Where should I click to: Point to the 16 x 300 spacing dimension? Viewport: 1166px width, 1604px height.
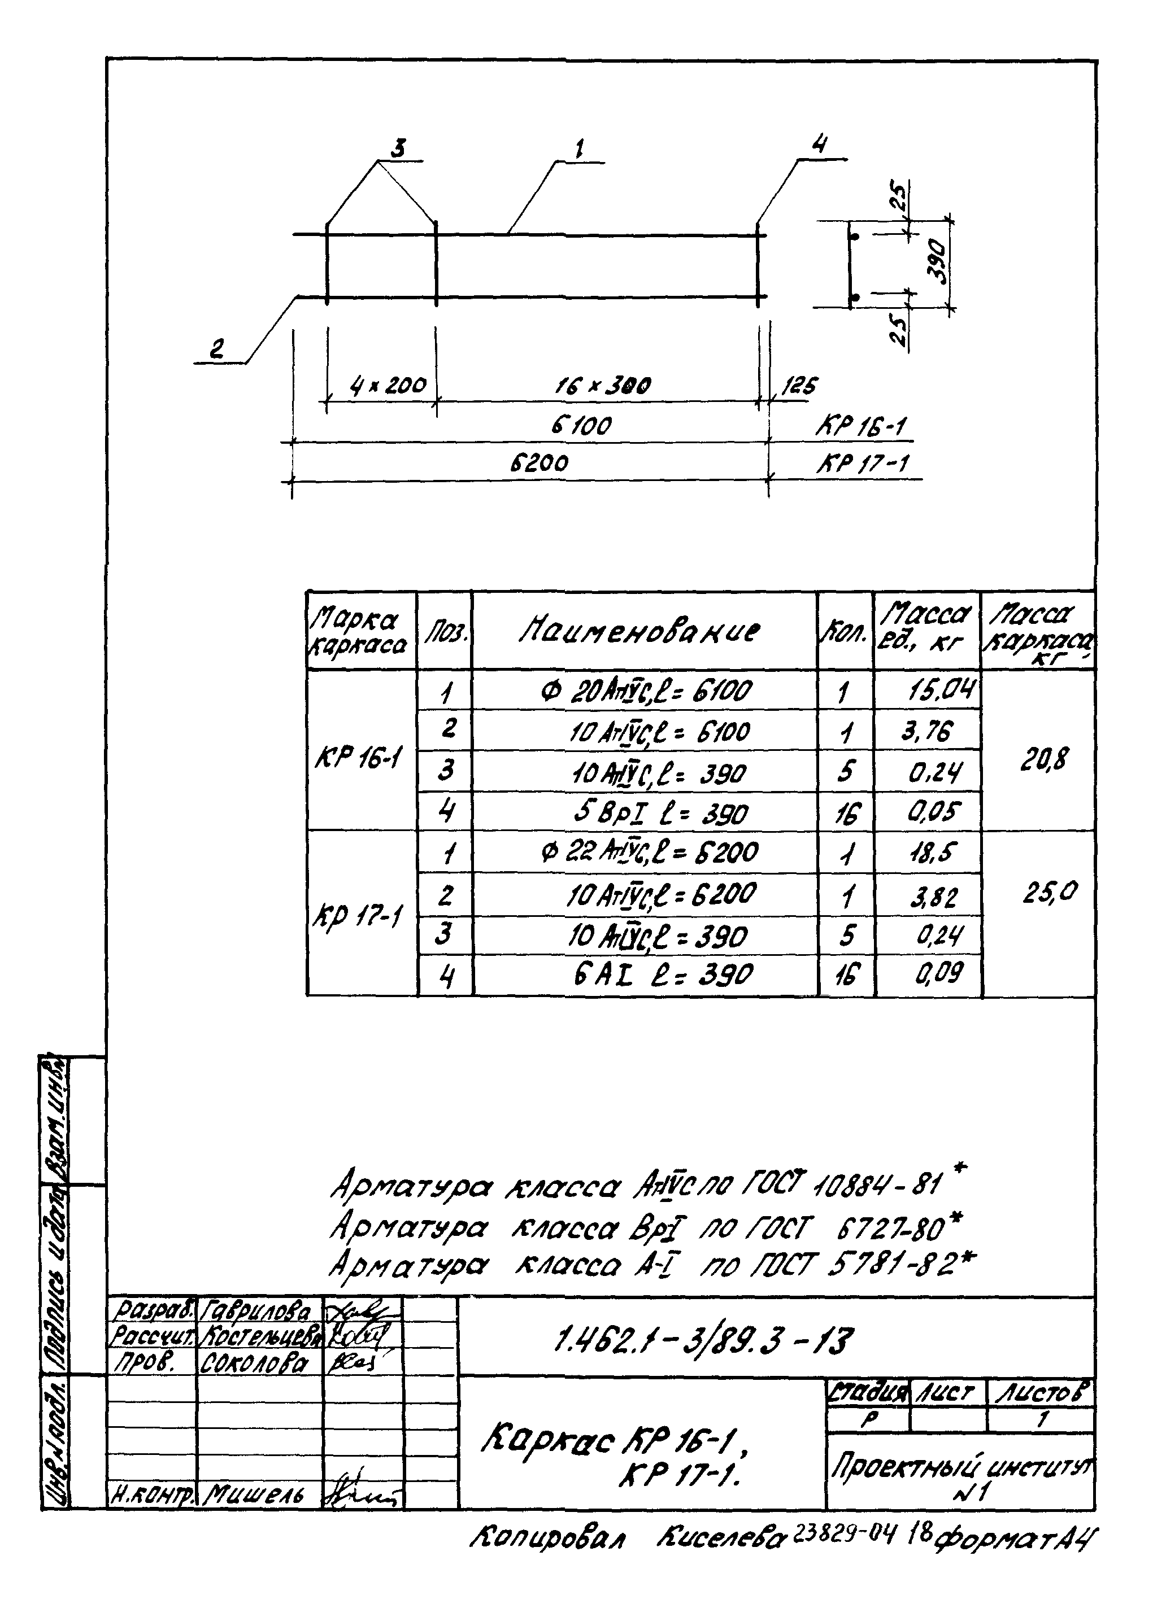(602, 386)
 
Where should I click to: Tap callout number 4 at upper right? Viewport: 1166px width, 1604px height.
(819, 145)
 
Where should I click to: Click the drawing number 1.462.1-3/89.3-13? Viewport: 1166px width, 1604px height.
(704, 1341)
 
